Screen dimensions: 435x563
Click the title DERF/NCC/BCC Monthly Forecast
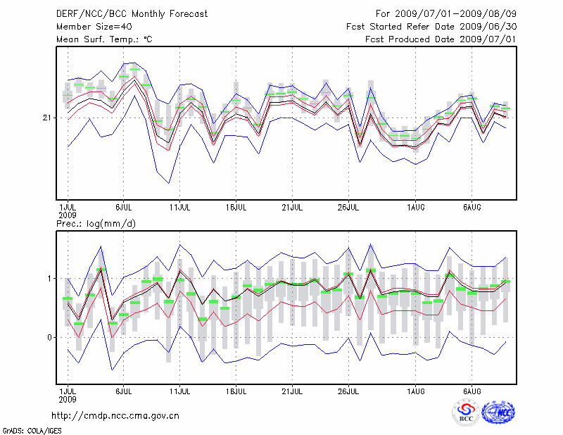[132, 13]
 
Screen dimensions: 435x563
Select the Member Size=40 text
[89, 26]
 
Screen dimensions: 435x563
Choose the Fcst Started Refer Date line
[431, 26]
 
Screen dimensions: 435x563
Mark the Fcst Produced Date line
[441, 39]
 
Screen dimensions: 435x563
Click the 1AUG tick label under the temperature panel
[415, 208]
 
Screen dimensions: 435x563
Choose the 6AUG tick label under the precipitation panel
[472, 390]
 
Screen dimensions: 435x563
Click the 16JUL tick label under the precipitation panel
[236, 390]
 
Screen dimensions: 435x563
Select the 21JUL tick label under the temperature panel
[292, 208]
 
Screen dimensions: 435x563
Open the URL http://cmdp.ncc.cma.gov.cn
[115, 416]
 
